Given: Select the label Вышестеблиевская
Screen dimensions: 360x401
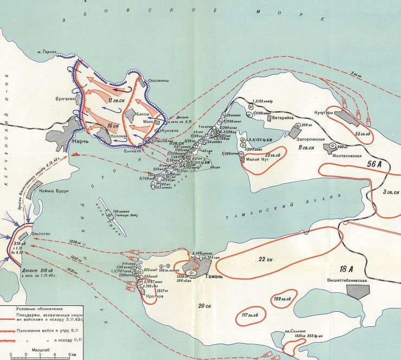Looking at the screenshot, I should [348, 280].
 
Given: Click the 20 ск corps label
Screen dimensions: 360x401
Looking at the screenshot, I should [205, 307].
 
